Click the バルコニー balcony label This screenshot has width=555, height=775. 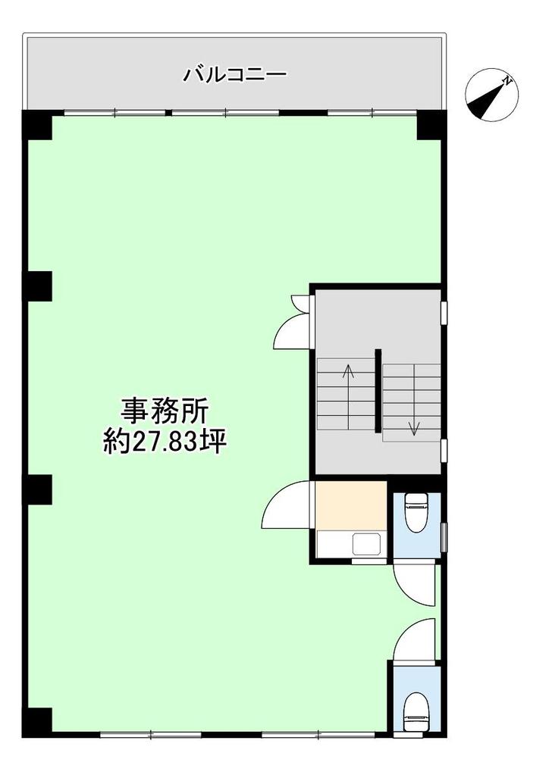click(235, 75)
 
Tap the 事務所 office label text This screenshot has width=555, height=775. click(165, 411)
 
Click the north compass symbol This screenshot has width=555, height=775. click(491, 95)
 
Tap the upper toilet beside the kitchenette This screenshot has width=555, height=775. click(416, 513)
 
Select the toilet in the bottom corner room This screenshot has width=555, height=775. click(416, 711)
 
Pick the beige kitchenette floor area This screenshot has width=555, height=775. click(351, 505)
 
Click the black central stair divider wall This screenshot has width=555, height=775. click(378, 390)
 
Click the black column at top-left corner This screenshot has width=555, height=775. click(38, 125)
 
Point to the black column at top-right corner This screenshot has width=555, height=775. click(431, 125)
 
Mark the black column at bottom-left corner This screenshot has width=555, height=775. click(38, 723)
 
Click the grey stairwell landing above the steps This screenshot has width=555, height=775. click(378, 321)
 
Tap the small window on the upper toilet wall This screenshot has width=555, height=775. click(444, 536)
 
